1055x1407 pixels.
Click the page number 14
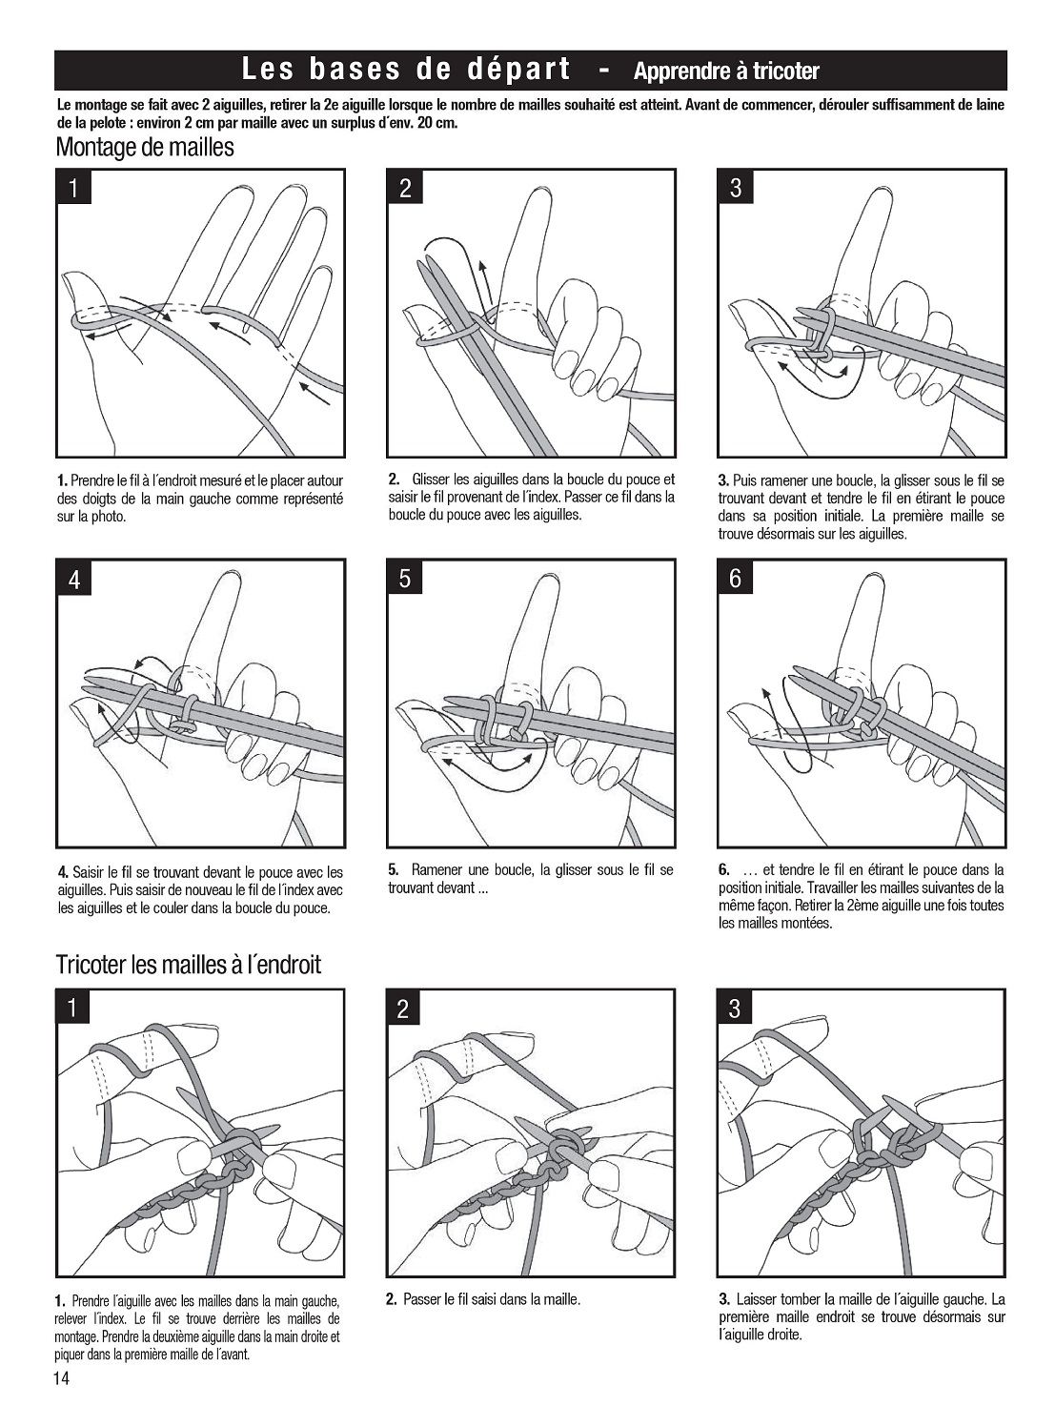pos(62,1377)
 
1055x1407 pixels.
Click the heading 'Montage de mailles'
pos(145,148)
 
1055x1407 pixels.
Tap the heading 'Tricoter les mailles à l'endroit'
pos(189,965)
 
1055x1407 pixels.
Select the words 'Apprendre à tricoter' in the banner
pos(726,71)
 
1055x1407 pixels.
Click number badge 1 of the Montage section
pos(73,189)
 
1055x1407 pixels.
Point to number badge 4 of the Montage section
pos(74,579)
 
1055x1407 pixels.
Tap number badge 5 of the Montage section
pos(405,578)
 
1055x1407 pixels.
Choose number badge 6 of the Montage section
pos(736,578)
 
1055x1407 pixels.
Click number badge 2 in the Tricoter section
pos(403,1009)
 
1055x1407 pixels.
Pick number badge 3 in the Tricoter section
pos(735,1009)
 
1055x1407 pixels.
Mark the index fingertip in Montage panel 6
pos(873,581)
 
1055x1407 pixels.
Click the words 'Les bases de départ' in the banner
pos(405,70)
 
